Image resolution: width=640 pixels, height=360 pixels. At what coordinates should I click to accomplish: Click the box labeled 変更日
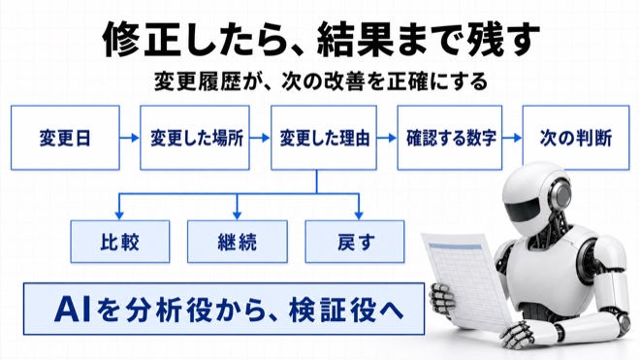65,138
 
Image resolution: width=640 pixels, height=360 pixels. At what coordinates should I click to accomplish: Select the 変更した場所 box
195,138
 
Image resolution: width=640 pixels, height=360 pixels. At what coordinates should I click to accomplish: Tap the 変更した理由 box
324,138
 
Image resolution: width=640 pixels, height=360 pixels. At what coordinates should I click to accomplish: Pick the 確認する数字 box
450,138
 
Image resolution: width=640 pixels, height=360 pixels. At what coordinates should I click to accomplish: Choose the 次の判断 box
576,138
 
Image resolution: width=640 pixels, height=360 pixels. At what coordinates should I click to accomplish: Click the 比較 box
120,242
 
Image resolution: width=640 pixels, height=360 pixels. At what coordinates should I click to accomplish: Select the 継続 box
238,242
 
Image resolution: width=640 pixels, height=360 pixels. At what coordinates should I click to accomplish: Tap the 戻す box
355,242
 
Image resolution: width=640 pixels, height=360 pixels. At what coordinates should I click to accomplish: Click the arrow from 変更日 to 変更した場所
130,138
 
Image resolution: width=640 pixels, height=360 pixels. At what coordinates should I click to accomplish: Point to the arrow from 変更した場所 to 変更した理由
260,138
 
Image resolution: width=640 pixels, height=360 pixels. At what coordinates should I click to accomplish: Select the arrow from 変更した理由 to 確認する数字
387,138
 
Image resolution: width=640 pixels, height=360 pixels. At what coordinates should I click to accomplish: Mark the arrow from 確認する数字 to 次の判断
512,138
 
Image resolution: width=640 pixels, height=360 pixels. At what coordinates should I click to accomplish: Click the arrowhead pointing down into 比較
119,215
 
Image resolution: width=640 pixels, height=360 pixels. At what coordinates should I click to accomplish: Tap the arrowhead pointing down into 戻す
359,215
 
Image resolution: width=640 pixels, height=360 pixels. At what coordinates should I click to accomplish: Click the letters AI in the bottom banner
73,310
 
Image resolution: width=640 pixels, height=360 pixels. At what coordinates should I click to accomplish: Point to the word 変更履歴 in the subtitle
198,82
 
